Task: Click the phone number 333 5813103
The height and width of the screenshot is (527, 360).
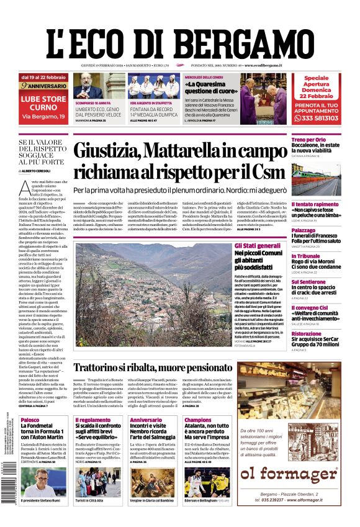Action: pos(320,117)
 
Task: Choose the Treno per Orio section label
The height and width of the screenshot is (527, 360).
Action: pos(308,140)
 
